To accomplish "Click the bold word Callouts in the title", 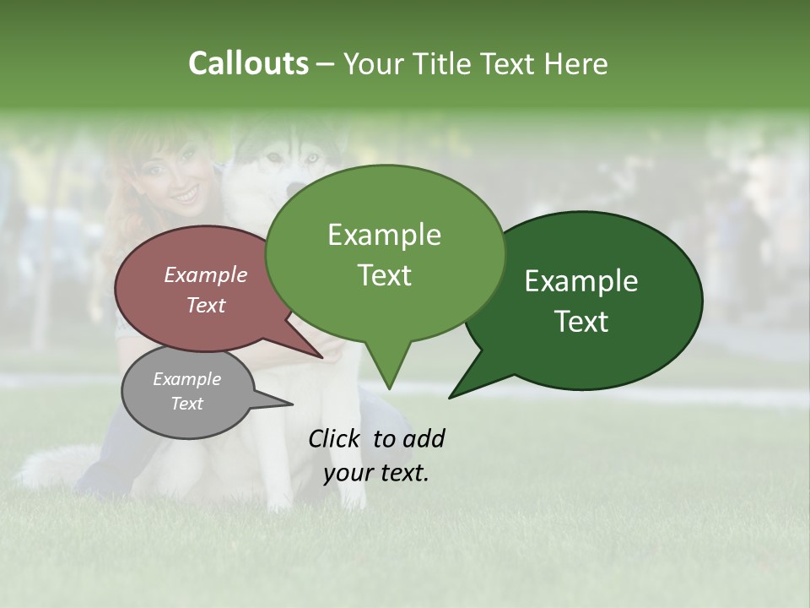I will [248, 63].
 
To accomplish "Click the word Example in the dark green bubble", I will [581, 281].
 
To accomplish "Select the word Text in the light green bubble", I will [385, 275].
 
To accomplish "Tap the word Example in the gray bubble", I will [186, 379].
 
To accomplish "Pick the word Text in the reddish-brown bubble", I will [206, 305].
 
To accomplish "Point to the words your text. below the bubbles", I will [376, 474].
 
